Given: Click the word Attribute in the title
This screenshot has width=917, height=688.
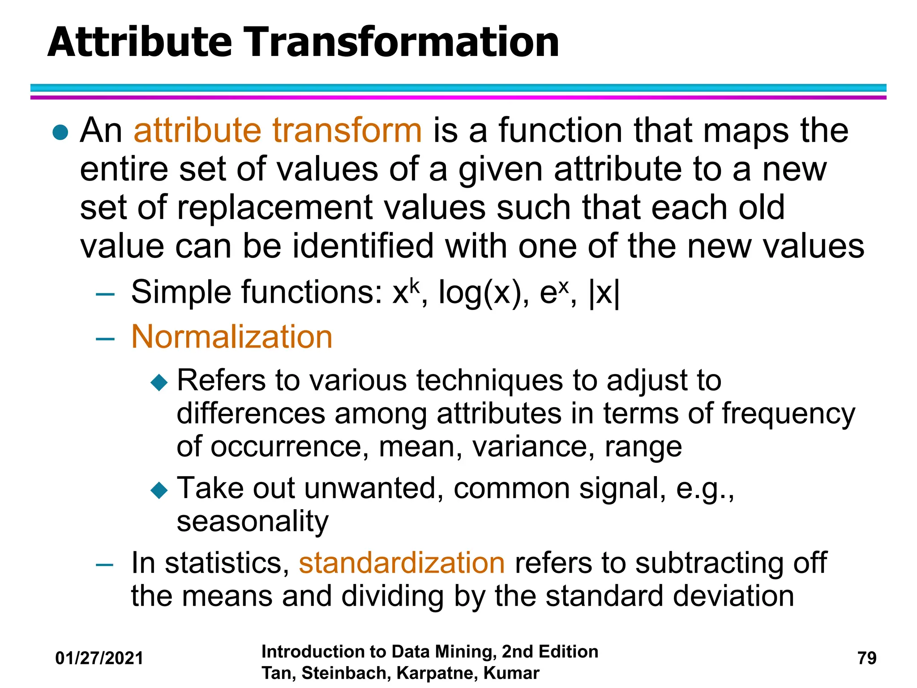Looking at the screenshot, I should point(140,43).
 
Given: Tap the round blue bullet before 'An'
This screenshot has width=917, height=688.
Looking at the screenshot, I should point(60,132).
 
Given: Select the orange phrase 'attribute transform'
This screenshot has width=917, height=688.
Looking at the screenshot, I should point(278,130).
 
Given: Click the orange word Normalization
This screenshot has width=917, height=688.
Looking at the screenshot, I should point(232,337).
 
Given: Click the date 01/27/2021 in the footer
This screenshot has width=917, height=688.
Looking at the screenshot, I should point(99,658).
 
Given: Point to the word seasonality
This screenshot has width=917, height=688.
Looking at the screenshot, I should point(253,521).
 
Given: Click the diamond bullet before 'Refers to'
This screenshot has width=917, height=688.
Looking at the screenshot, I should point(159,383).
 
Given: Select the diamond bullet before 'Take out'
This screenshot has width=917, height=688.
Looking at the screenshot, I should point(159,490).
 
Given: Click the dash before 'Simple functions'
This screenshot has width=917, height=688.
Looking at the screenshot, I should point(105,294).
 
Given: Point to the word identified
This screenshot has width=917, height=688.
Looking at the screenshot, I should point(363,246).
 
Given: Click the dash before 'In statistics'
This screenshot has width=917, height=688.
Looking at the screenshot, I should point(105,565).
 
